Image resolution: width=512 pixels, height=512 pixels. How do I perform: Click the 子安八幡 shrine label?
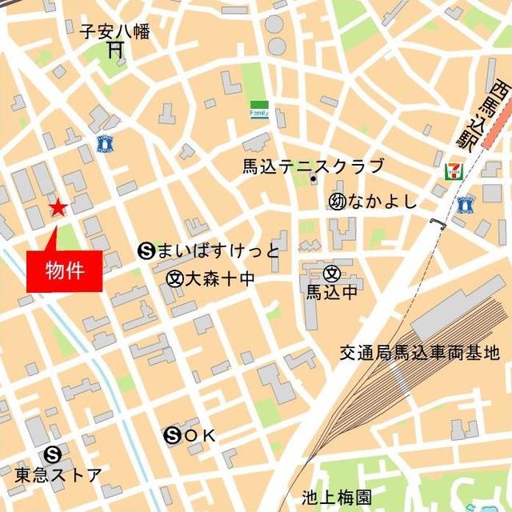coord(114,31)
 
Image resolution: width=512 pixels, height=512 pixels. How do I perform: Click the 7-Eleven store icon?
coord(452,171)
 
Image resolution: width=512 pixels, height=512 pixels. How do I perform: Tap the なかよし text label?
coord(383,201)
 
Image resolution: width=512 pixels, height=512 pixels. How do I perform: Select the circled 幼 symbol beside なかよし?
coord(336,201)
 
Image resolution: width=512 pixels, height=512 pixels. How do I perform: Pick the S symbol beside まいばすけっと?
coord(146,251)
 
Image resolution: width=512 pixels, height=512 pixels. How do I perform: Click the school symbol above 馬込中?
coord(331,274)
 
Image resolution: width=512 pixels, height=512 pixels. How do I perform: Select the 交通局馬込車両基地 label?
coord(418,352)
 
